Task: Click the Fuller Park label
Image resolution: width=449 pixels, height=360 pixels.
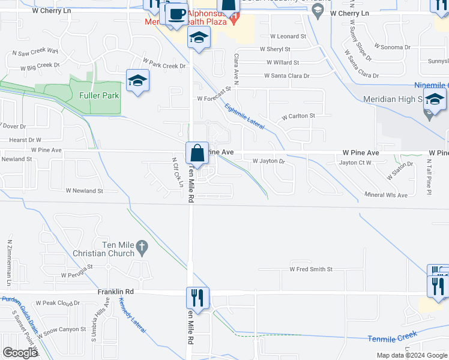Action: coord(99,95)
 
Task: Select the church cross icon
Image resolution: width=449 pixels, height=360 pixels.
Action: coord(142,246)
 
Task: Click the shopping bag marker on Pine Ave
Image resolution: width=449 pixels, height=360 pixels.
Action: coord(197,154)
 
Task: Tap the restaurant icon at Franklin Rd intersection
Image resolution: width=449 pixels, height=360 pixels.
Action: coord(195,296)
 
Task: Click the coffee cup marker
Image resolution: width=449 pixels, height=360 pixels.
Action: coord(176,14)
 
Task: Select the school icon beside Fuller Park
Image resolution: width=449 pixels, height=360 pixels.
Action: coord(137,81)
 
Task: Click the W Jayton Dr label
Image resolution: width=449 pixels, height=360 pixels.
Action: coord(268,161)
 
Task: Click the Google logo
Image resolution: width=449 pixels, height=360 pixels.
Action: coord(20,353)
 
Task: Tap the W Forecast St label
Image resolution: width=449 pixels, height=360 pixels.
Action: coord(214,96)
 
